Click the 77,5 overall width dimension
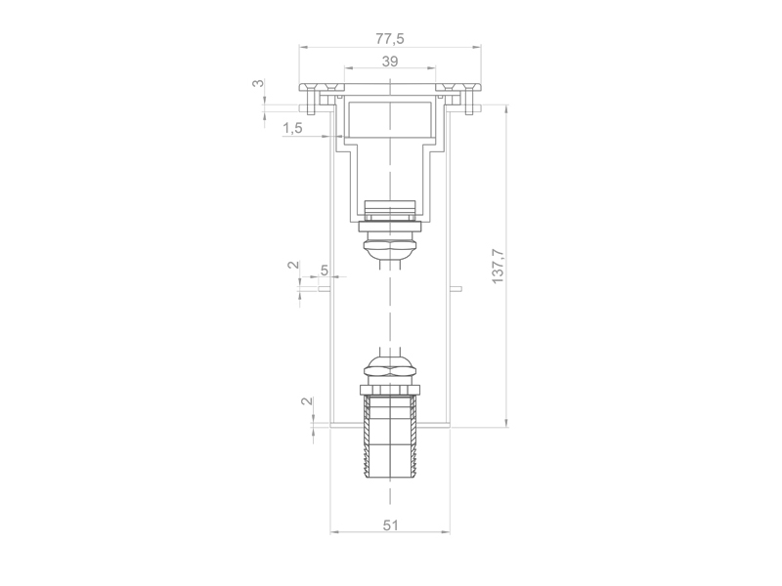pyautogui.click(x=390, y=38)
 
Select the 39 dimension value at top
pyautogui.click(x=390, y=61)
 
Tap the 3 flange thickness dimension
pyautogui.click(x=258, y=84)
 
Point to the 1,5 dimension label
pyautogui.click(x=292, y=128)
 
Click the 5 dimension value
pyautogui.click(x=325, y=271)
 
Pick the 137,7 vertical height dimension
pyautogui.click(x=498, y=266)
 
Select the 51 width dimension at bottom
pyautogui.click(x=390, y=524)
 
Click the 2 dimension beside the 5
pyautogui.click(x=291, y=266)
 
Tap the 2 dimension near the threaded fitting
pyautogui.click(x=306, y=402)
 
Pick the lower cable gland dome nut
pyautogui.click(x=390, y=369)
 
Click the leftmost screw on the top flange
pyautogui.click(x=311, y=99)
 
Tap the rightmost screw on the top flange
pyautogui.click(x=470, y=99)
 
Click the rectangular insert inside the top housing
pyautogui.click(x=390, y=119)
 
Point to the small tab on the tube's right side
pyautogui.click(x=455, y=288)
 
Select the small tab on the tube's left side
pyautogui.click(x=326, y=288)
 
